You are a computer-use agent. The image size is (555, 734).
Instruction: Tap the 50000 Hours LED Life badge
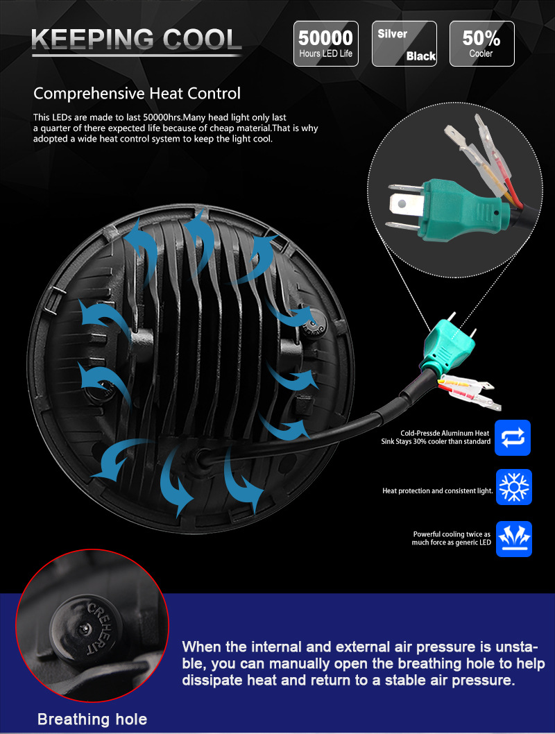pos(325,44)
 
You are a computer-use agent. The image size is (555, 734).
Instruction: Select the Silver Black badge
pos(404,44)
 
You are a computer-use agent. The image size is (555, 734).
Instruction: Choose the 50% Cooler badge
pos(481,44)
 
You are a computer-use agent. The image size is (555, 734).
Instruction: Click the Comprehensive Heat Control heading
pos(137,94)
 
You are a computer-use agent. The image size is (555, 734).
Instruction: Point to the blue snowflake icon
pos(514,487)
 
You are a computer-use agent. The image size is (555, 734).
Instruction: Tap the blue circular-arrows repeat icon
pos(513,438)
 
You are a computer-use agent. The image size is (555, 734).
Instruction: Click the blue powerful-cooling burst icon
pos(514,539)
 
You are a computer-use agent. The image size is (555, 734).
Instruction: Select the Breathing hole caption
pos(92,719)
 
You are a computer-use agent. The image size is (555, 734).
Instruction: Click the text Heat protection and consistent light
pos(438,490)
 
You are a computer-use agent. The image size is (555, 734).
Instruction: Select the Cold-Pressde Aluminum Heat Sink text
pos(436,437)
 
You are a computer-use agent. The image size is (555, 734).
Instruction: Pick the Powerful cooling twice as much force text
pos(452,538)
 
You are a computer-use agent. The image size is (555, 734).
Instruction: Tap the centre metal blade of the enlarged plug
pos(401,205)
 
